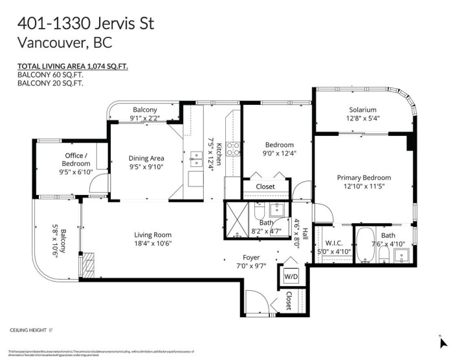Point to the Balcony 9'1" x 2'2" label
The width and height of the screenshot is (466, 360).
145,114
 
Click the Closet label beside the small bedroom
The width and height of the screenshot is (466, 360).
265,186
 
